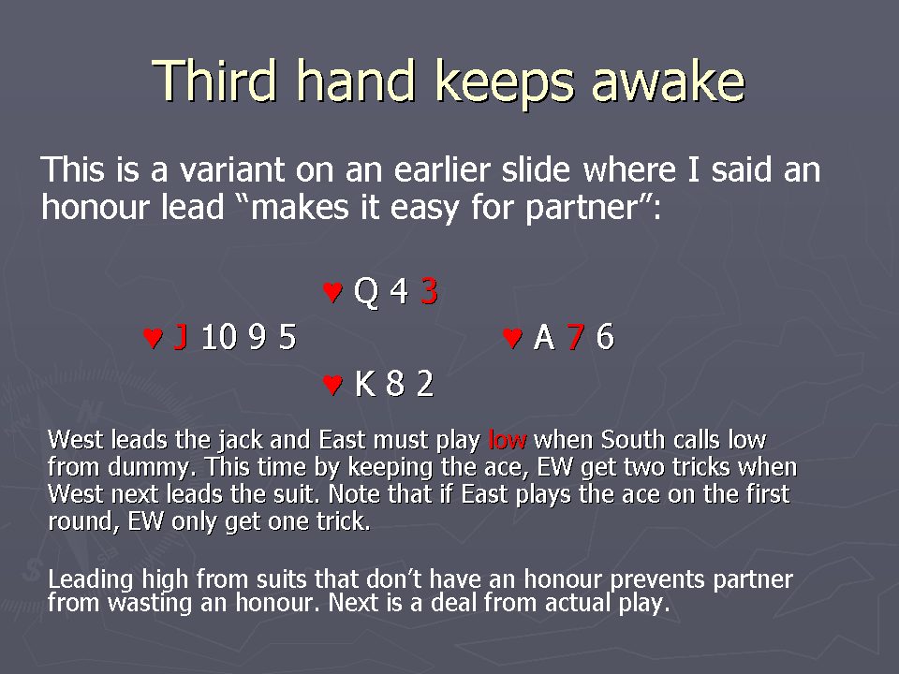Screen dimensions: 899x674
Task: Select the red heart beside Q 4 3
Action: [332, 292]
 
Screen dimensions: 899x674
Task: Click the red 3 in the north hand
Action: [430, 290]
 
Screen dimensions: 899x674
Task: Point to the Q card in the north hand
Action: [366, 292]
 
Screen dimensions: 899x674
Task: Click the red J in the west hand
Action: [181, 336]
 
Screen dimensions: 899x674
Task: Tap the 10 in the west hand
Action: [219, 336]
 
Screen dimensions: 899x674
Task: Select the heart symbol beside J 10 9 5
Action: [153, 338]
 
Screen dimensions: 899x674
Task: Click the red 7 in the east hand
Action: [576, 336]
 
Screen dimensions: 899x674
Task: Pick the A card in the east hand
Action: [544, 336]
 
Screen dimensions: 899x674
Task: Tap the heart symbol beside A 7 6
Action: [512, 338]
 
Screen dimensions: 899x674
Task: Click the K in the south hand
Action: [365, 384]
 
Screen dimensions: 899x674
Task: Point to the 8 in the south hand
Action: [395, 384]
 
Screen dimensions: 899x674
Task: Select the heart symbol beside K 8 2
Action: [332, 384]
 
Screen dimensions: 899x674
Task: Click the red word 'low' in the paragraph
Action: [508, 440]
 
